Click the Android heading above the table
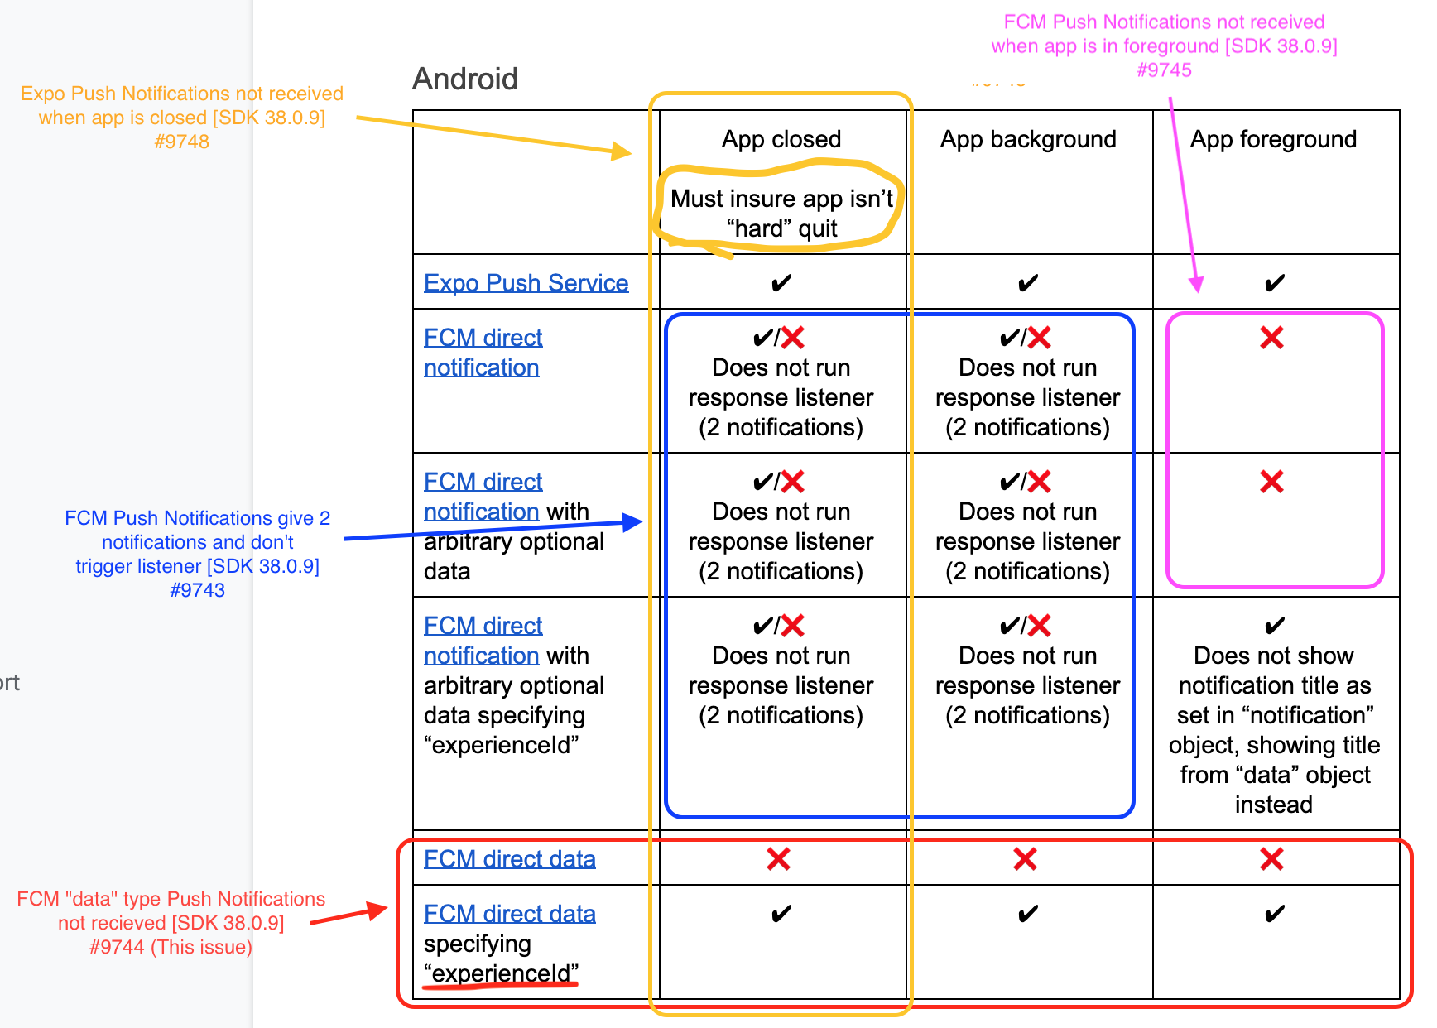click(x=465, y=79)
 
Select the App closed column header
click(x=781, y=139)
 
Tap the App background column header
click(x=1027, y=139)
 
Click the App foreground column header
click(x=1272, y=139)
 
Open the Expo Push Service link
click(x=526, y=283)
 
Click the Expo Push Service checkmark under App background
click(x=1027, y=284)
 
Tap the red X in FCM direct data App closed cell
click(x=778, y=859)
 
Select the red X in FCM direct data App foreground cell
click(x=1271, y=859)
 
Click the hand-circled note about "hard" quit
click(x=781, y=213)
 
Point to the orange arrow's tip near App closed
click(x=629, y=153)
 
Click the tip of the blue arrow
click(x=640, y=521)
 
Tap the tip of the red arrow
click(x=385, y=909)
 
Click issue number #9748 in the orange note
click(x=181, y=142)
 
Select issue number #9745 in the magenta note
click(x=1164, y=70)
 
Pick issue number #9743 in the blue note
click(x=197, y=590)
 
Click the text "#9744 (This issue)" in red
click(x=171, y=947)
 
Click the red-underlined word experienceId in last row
click(x=502, y=973)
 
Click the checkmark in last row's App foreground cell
click(x=1274, y=915)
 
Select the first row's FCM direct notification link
click(x=483, y=352)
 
